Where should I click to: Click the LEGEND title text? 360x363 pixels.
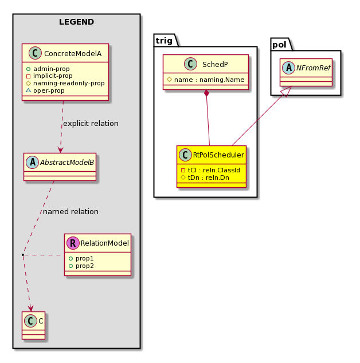76,22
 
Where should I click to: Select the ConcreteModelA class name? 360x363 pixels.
73,53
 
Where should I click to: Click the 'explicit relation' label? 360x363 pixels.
91,124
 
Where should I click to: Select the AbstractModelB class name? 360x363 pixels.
67,162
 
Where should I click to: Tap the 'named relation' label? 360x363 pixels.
71,212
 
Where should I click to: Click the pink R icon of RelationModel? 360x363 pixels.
73,243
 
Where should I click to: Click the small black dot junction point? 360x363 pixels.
23,255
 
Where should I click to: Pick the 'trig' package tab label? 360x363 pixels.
164,41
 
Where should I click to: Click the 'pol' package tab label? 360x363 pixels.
279,45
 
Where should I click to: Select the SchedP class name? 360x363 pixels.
215,64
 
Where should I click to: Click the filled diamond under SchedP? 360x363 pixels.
206,93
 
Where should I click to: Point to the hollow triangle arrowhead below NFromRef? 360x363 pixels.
287,92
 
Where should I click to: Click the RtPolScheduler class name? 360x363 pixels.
218,155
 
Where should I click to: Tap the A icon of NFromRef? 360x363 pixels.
288,68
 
